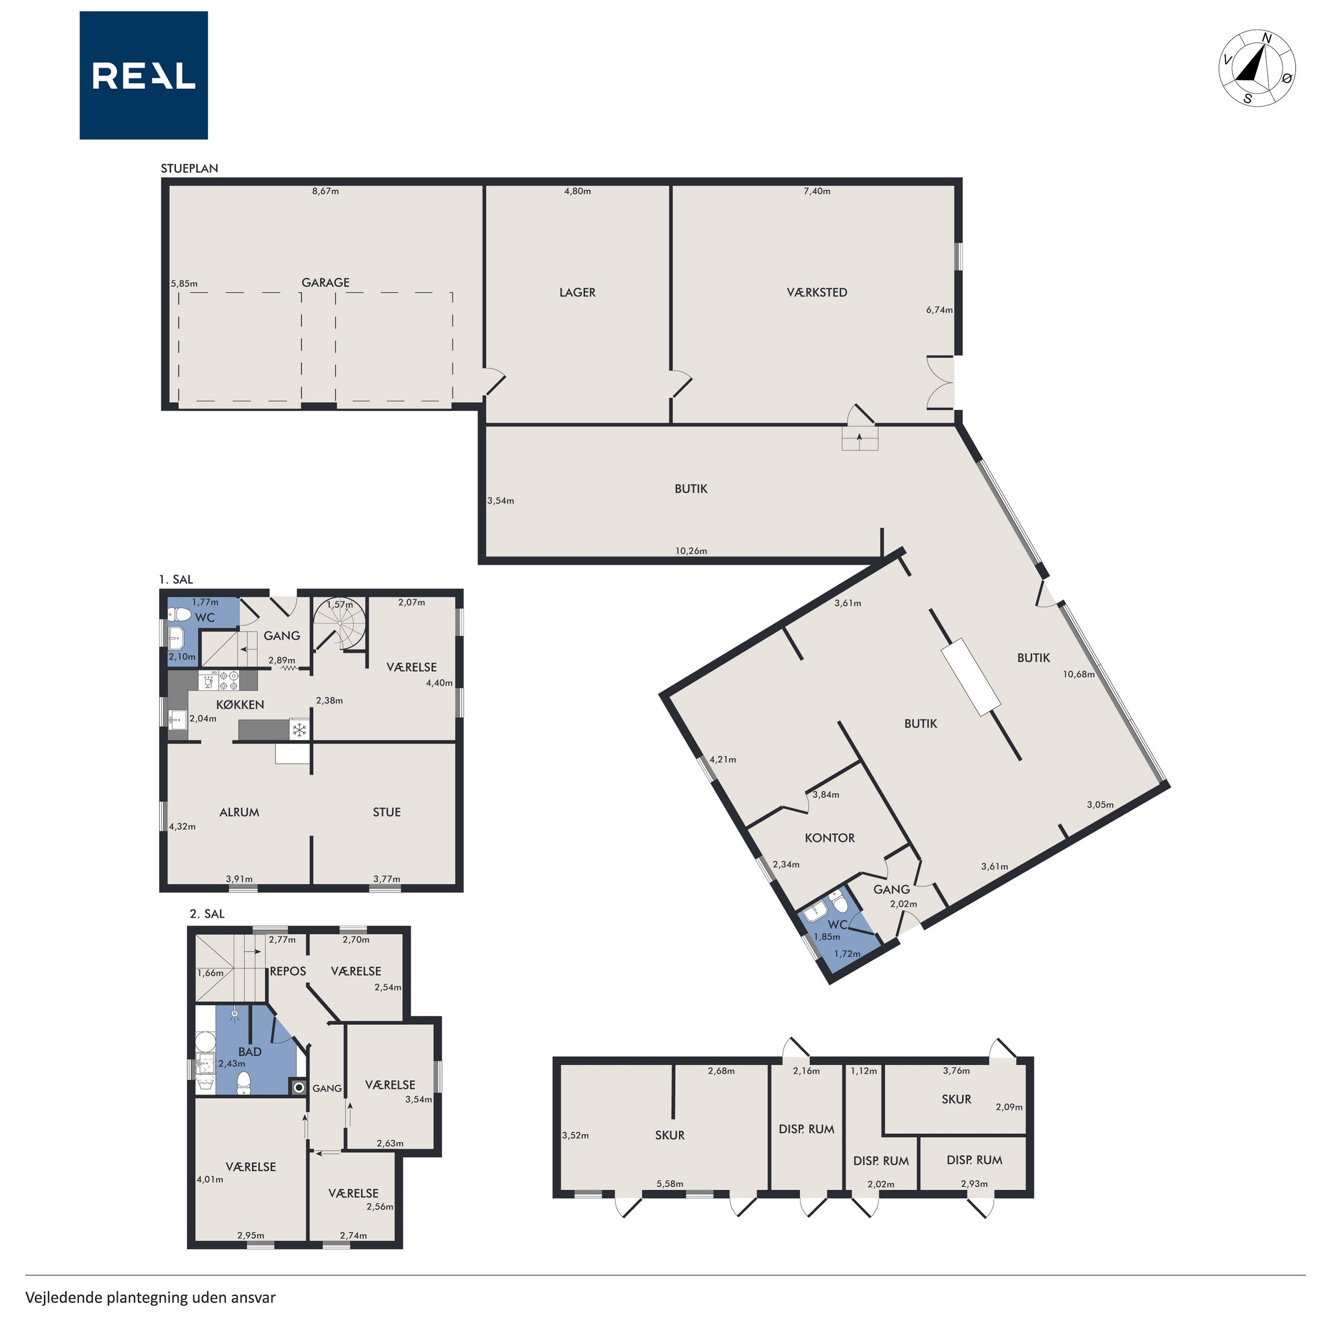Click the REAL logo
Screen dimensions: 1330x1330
click(x=143, y=75)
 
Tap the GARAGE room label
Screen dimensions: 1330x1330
click(x=326, y=282)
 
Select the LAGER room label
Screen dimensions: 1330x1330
click(x=578, y=292)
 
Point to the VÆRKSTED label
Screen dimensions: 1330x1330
click(x=817, y=292)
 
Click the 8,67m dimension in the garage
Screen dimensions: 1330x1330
click(x=326, y=191)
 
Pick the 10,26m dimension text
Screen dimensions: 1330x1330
click(x=691, y=551)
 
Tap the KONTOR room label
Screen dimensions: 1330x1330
click(x=830, y=838)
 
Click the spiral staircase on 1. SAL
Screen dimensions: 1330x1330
click(x=340, y=624)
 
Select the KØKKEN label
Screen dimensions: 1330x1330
click(x=240, y=704)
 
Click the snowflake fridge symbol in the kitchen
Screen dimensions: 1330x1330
click(x=299, y=730)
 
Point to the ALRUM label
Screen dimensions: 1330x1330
click(x=239, y=812)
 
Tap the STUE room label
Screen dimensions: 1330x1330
click(x=387, y=812)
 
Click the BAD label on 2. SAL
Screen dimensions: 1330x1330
click(x=250, y=1051)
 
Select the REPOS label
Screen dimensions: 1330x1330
click(x=288, y=971)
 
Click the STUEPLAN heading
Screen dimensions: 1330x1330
click(x=189, y=168)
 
